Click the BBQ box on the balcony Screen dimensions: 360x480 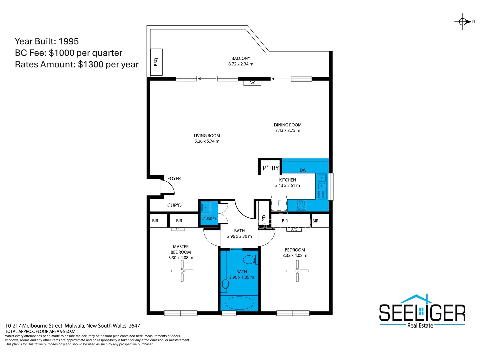(x=156, y=62)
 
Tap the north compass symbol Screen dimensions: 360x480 (x=463, y=22)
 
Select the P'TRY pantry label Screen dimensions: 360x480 (x=270, y=168)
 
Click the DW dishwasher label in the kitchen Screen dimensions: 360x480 (x=303, y=170)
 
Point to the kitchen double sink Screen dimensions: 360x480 (x=321, y=182)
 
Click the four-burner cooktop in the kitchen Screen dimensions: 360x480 (x=301, y=205)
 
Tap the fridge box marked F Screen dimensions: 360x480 (x=279, y=203)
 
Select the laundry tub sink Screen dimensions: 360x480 (x=206, y=207)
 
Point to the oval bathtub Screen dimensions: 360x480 (x=239, y=303)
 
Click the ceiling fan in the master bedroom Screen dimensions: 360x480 (x=182, y=271)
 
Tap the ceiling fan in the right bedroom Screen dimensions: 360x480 (x=297, y=271)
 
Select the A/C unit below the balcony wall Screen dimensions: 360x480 (x=252, y=83)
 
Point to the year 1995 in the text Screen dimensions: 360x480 (x=68, y=41)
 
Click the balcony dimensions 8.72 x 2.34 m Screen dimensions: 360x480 (x=241, y=64)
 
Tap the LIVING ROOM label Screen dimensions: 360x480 (x=207, y=136)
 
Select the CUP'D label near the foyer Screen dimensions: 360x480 (x=174, y=205)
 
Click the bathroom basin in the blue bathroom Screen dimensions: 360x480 (x=226, y=284)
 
